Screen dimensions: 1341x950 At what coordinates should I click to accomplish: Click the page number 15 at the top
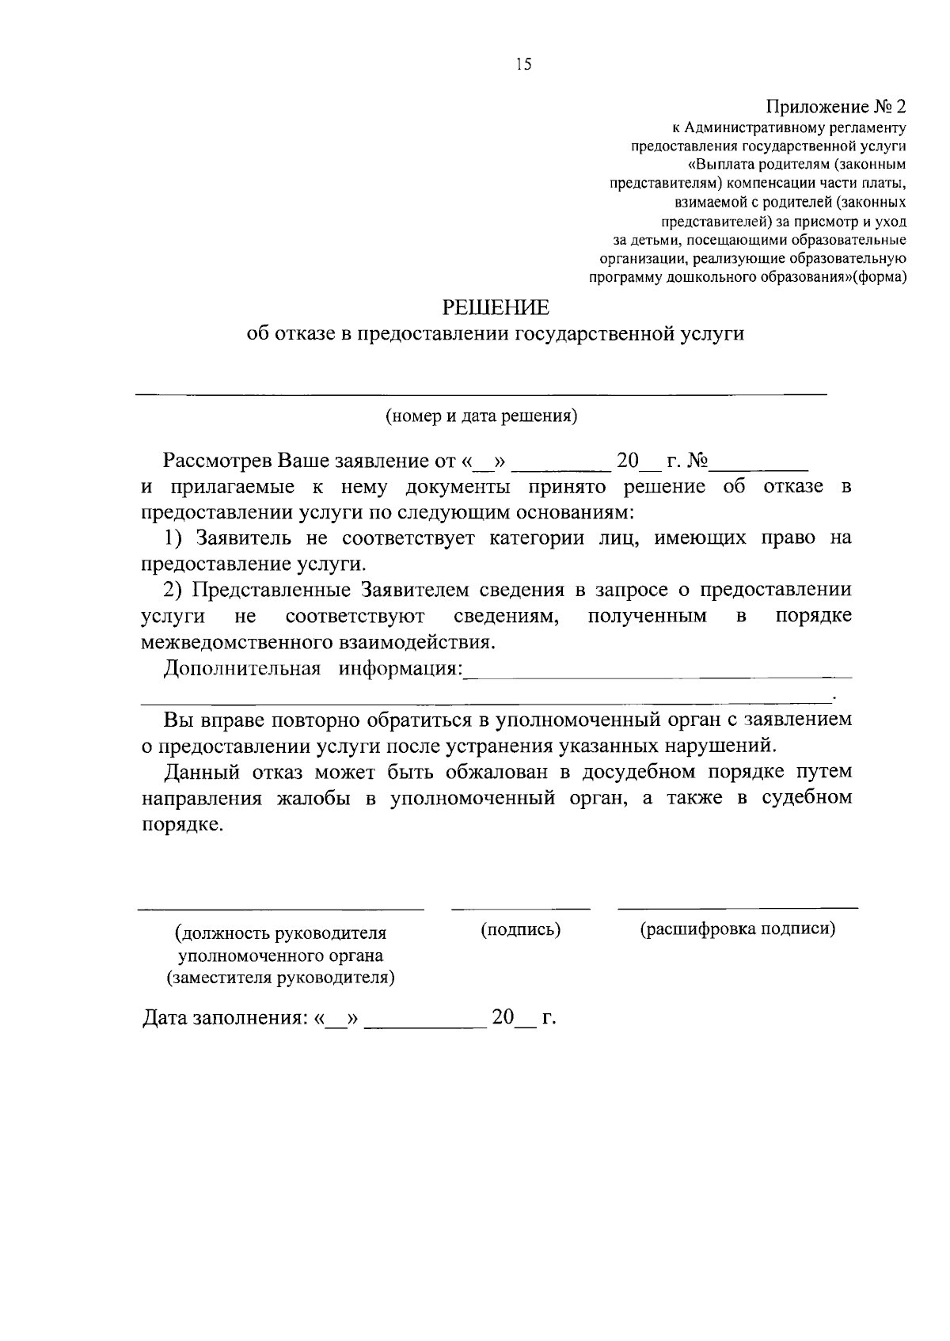click(x=522, y=66)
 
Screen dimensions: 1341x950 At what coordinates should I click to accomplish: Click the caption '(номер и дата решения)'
click(x=481, y=416)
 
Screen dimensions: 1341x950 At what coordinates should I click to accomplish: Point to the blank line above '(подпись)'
click(x=520, y=907)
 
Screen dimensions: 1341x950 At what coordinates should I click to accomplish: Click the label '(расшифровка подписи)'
click(x=738, y=929)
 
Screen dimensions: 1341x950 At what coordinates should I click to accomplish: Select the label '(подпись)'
click(x=521, y=929)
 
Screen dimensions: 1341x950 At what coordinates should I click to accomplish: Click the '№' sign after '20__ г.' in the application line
click(x=698, y=461)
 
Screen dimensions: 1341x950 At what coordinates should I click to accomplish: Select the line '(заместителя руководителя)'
click(x=280, y=977)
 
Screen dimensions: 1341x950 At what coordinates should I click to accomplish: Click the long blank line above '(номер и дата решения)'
click(x=481, y=393)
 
